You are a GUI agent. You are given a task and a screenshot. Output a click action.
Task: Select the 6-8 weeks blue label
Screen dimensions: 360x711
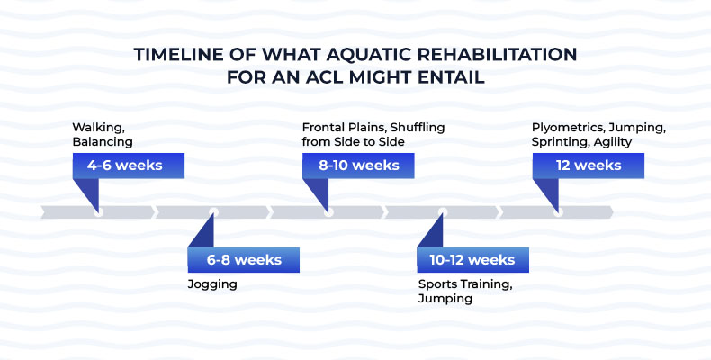[243, 260]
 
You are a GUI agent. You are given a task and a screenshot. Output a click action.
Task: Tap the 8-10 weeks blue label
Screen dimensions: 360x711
[358, 166]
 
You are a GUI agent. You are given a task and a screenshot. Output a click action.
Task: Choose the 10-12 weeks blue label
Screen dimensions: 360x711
[472, 260]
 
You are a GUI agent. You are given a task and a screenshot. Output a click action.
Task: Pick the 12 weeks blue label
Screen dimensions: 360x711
[589, 166]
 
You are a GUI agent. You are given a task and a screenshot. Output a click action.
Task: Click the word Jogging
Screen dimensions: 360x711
[212, 284]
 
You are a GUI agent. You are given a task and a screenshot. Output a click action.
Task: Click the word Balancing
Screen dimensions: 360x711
[103, 141]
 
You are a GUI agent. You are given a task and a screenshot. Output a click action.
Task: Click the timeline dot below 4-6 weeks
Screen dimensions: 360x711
[98, 212]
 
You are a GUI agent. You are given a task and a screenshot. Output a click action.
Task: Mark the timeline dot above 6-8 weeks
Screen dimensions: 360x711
[213, 212]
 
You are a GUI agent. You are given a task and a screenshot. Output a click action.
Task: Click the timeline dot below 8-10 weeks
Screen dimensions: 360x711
[328, 212]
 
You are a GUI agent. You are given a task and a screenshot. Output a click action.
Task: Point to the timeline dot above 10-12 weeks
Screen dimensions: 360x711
[443, 212]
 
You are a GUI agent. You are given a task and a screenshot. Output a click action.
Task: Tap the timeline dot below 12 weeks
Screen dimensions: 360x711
[558, 212]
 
